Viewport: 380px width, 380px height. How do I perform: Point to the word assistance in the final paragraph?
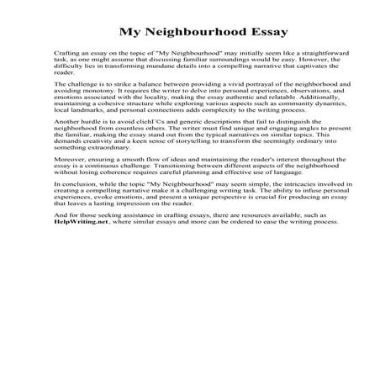click(x=147, y=216)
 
